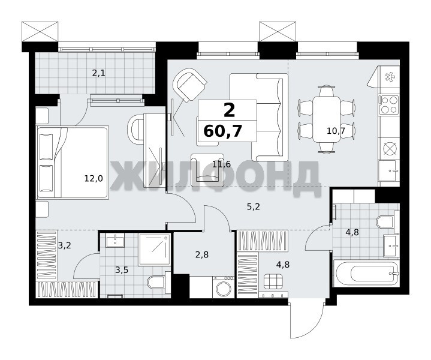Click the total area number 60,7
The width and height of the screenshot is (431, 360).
[x=223, y=131]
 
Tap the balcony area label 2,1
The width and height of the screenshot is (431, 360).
[x=99, y=73]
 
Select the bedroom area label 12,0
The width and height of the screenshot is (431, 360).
[x=94, y=179]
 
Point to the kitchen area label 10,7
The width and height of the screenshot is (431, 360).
[x=336, y=131]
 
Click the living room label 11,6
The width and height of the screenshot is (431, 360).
[x=222, y=164]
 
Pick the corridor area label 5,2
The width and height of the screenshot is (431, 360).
[x=253, y=206]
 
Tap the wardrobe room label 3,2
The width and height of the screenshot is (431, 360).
[x=65, y=245]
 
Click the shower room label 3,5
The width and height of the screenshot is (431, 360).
[x=122, y=270]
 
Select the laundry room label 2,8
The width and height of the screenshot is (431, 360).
[x=202, y=255]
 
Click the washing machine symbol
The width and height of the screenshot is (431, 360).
[x=224, y=287]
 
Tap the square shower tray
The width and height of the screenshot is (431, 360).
[x=155, y=250]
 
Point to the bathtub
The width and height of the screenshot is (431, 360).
[x=366, y=274]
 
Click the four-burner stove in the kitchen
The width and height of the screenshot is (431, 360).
[x=388, y=105]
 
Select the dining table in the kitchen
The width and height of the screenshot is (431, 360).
[x=326, y=119]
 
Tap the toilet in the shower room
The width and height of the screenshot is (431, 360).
[x=159, y=282]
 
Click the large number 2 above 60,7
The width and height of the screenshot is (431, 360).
[x=230, y=110]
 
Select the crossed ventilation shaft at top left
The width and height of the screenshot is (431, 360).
[x=40, y=32]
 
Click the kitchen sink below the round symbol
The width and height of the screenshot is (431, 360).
[x=388, y=170]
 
